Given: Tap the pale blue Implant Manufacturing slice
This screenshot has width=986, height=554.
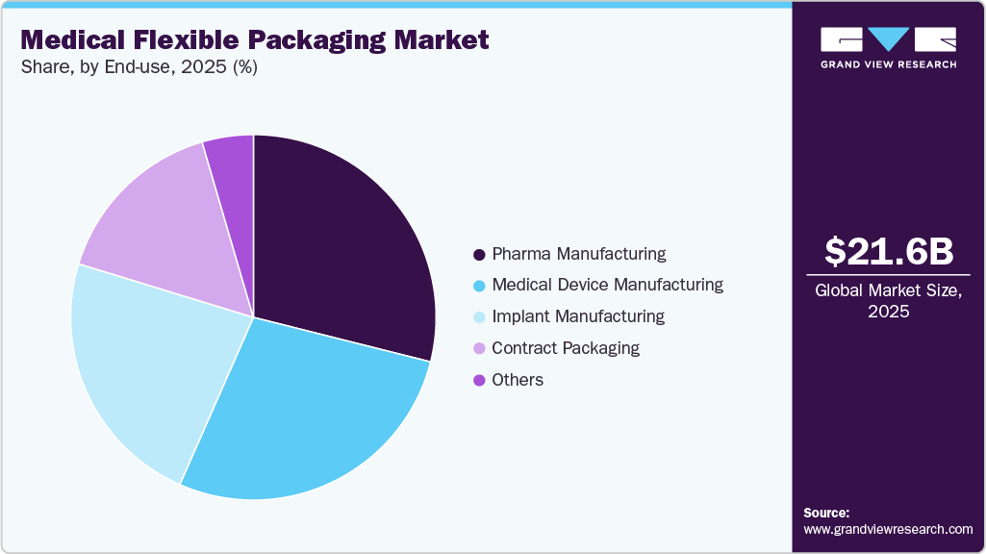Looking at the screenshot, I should click(144, 365).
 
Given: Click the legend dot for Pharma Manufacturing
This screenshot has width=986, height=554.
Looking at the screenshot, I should click(478, 255).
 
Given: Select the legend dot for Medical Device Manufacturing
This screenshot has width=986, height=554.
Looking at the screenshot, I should click(478, 286).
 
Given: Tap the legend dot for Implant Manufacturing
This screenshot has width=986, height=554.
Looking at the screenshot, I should click(478, 317).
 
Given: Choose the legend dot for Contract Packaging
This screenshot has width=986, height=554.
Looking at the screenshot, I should click(478, 348).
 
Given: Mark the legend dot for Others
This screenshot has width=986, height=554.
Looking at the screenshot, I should click(478, 380).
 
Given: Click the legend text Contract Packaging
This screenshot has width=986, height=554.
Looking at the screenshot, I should click(566, 348).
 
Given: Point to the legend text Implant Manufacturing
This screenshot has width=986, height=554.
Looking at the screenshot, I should click(578, 316).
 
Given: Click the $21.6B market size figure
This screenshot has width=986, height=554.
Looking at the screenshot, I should click(889, 251).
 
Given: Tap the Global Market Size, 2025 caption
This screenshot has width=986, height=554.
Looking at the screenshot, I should click(889, 300).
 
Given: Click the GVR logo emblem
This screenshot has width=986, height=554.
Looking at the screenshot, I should click(889, 39).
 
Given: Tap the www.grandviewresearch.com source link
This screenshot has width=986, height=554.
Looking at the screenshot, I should click(889, 529).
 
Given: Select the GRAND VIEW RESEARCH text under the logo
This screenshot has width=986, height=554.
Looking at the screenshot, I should click(889, 64).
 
